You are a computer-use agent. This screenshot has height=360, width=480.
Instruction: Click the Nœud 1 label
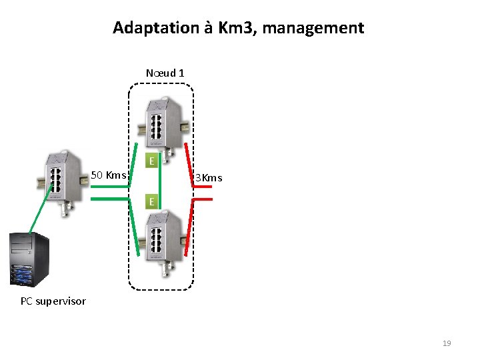[x=165, y=73]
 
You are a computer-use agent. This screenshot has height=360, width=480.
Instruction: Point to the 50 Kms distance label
[x=108, y=175]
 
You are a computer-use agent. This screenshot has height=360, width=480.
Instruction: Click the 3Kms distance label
[x=209, y=178]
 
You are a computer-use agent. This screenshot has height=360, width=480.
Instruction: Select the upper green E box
[x=153, y=161]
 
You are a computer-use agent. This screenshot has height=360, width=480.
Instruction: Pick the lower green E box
[x=153, y=201]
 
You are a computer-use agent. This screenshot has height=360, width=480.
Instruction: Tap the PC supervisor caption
[x=53, y=301]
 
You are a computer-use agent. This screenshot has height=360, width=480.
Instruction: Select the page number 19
[x=447, y=343]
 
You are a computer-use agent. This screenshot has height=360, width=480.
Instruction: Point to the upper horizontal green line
[x=111, y=186]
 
